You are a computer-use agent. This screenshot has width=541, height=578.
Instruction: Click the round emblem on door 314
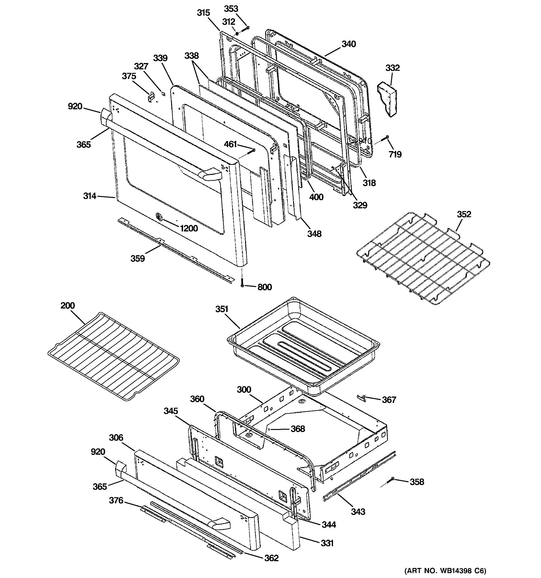[159, 217]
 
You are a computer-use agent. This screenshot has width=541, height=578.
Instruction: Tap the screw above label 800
[242, 282]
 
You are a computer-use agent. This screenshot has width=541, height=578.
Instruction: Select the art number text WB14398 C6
[445, 571]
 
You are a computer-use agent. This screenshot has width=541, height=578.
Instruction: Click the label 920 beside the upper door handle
[75, 106]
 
